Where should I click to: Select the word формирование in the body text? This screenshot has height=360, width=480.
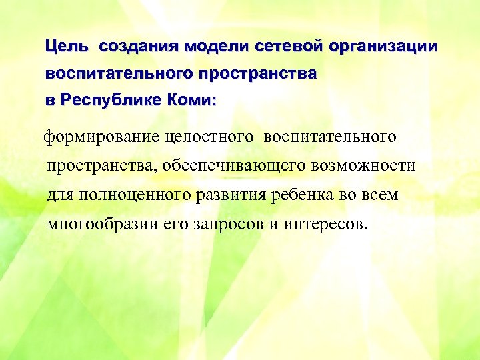(x=97, y=137)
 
